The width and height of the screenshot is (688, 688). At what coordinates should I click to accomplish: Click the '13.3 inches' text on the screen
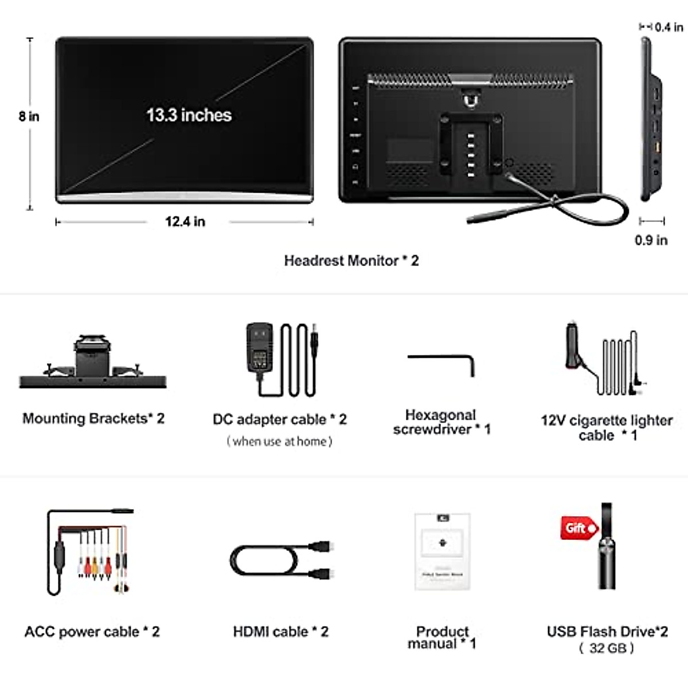pos(189,115)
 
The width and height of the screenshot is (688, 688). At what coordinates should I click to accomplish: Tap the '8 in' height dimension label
pos(29,116)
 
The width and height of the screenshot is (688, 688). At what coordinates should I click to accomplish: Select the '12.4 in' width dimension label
pos(185,222)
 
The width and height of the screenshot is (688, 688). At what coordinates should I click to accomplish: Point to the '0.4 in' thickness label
pos(669,27)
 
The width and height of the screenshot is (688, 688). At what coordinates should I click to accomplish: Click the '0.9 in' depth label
pos(651,240)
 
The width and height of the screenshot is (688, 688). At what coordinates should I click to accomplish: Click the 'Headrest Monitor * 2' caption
pos(351,261)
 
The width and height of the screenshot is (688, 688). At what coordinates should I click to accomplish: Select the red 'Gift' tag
pos(578,528)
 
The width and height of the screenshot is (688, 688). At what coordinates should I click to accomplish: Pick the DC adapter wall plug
pos(259,350)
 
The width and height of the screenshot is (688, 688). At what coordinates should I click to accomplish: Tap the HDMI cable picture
pos(281,560)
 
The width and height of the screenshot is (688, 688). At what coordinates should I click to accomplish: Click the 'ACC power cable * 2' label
pos(92,632)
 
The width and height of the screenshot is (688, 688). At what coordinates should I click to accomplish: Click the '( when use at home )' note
pos(279,441)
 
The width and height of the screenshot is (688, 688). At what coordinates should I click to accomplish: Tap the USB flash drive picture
pos(607,548)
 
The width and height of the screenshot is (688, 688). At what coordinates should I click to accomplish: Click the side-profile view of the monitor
pos(651,120)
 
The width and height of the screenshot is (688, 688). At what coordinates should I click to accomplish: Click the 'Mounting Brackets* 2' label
pos(93,419)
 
